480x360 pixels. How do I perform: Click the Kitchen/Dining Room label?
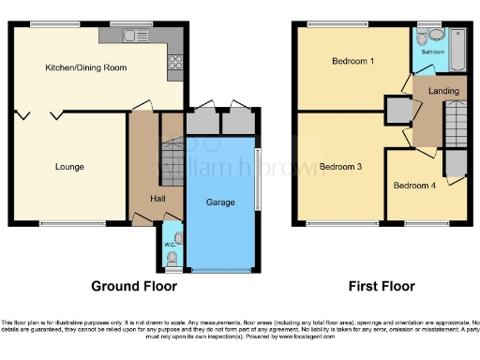coord(85,68)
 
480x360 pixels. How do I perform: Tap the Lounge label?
coord(69,167)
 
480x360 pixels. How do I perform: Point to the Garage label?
coord(219,201)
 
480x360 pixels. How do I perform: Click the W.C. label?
coord(170,246)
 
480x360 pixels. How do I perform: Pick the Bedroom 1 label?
coord(352,61)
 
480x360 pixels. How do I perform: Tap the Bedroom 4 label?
coord(413,186)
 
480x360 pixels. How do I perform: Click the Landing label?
coord(442,90)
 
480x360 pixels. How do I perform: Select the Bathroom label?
coord(433,52)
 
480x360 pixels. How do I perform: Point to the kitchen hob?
coord(174,64)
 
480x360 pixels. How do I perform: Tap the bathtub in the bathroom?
coord(457,47)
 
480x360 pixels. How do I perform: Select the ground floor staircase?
coord(172,151)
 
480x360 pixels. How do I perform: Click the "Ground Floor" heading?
coord(129,286)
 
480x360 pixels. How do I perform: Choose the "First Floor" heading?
coord(381,286)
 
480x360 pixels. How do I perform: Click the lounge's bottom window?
coord(71,224)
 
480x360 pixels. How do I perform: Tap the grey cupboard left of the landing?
coord(398,111)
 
